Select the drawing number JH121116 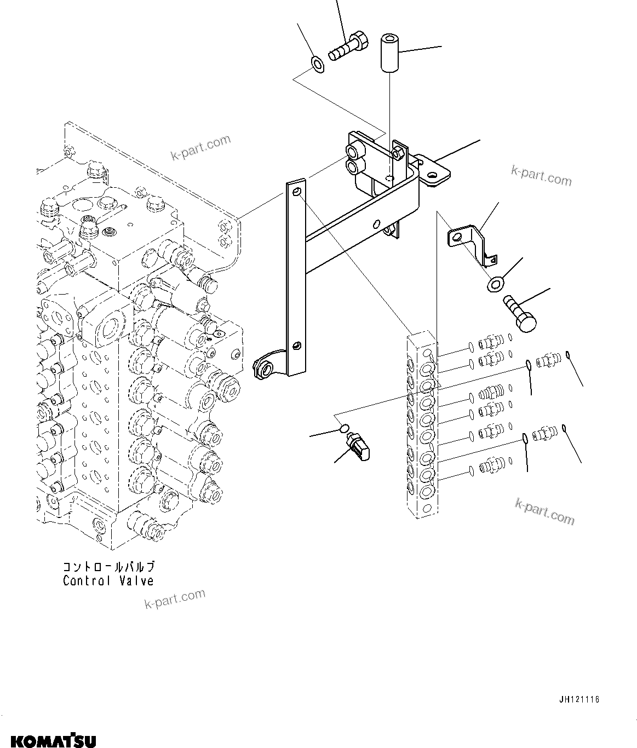[579, 699]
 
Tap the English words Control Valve [108, 581]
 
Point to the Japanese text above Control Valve [108, 567]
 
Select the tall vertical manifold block [423, 424]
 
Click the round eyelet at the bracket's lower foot [266, 367]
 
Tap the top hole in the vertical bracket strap [296, 192]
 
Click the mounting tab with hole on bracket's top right [433, 172]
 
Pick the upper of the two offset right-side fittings [548, 360]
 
